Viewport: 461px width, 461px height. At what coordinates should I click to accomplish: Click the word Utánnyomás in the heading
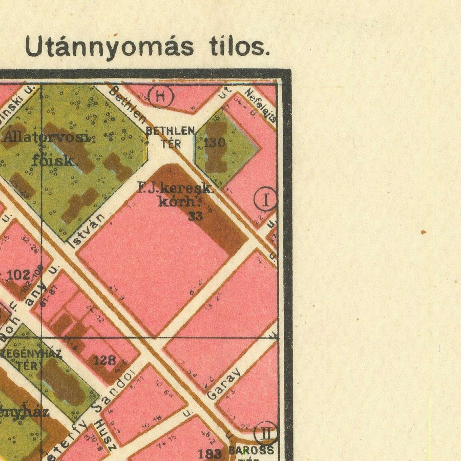click(x=109, y=47)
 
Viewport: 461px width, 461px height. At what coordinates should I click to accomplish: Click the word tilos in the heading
click(x=239, y=47)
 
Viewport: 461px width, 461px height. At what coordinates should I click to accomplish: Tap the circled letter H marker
click(x=160, y=96)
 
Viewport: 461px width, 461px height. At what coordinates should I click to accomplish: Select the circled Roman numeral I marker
click(x=265, y=200)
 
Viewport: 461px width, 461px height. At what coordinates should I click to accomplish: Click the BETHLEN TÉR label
click(x=171, y=137)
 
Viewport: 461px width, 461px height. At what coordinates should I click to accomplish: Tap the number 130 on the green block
click(x=215, y=142)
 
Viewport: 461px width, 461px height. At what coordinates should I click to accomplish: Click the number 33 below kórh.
click(x=195, y=216)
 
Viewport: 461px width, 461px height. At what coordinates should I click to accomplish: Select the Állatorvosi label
click(x=49, y=137)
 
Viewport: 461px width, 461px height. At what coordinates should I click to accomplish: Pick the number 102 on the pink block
click(x=18, y=275)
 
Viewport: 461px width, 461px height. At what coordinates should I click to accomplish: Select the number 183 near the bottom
click(x=209, y=453)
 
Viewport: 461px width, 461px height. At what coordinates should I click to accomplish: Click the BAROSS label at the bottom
click(x=251, y=450)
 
